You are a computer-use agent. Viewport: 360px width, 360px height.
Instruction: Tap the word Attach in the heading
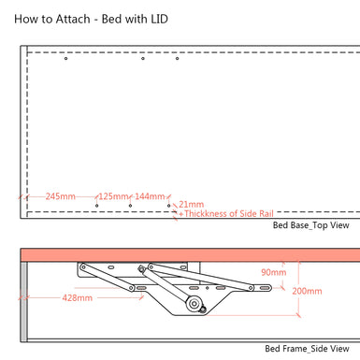[x=77, y=18]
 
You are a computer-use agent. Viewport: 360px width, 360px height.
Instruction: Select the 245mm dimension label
[x=59, y=196]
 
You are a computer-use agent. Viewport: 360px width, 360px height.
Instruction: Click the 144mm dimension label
[x=149, y=196]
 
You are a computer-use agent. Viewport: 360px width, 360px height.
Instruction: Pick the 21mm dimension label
[x=191, y=204]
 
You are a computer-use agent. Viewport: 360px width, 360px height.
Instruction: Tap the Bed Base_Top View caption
[x=310, y=225]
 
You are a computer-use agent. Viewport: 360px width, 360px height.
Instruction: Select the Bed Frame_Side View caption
[x=307, y=349]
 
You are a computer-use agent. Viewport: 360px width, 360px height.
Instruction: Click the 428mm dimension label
[x=77, y=298]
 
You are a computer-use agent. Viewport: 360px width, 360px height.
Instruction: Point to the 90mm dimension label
[x=273, y=272]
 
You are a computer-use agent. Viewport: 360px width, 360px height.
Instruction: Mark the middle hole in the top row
[x=143, y=59]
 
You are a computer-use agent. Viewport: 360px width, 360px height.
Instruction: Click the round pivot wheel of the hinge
[x=194, y=304]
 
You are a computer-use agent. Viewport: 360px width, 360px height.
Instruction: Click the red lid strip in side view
[x=187, y=254]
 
